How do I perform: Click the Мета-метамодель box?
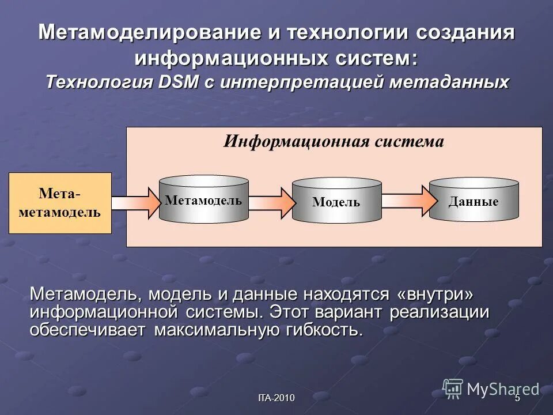point(60,202)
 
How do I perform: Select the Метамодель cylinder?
point(203,200)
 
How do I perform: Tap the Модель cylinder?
point(336,201)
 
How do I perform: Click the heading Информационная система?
point(334,142)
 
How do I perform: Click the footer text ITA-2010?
point(276,398)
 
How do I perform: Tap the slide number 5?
point(517,398)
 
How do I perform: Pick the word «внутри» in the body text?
point(435,294)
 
